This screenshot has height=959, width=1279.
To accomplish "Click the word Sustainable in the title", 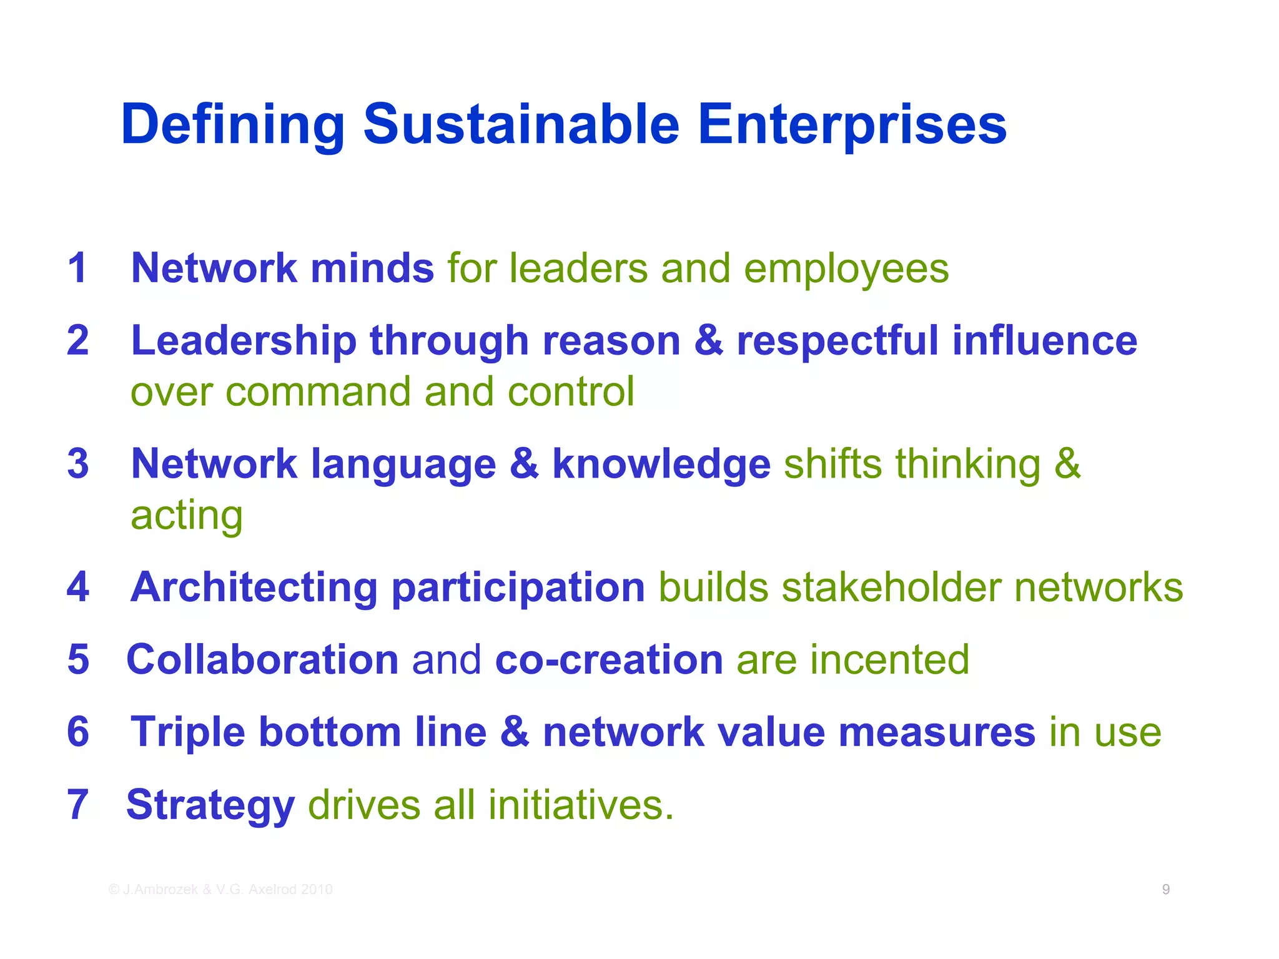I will pyautogui.click(x=521, y=124).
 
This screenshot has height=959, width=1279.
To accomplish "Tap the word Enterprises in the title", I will pyautogui.click(x=851, y=124).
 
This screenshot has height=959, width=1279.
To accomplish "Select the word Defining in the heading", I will pyautogui.click(x=233, y=124).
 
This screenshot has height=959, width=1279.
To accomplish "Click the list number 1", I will pyautogui.click(x=77, y=268).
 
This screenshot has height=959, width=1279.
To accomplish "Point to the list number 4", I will pyautogui.click(x=78, y=587).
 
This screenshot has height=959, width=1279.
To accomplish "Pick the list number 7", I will pyautogui.click(x=78, y=804).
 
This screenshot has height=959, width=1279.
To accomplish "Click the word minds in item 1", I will pyautogui.click(x=372, y=268).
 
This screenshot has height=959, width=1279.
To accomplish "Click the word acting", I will pyautogui.click(x=186, y=516).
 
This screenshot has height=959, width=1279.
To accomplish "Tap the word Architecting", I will pyautogui.click(x=254, y=588).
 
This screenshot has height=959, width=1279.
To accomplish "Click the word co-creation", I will pyautogui.click(x=609, y=659).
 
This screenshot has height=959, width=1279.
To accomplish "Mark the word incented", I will pyautogui.click(x=889, y=659).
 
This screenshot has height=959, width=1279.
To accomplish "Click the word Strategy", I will pyautogui.click(x=210, y=805).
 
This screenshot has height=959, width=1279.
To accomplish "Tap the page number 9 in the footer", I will pyautogui.click(x=1166, y=889).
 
